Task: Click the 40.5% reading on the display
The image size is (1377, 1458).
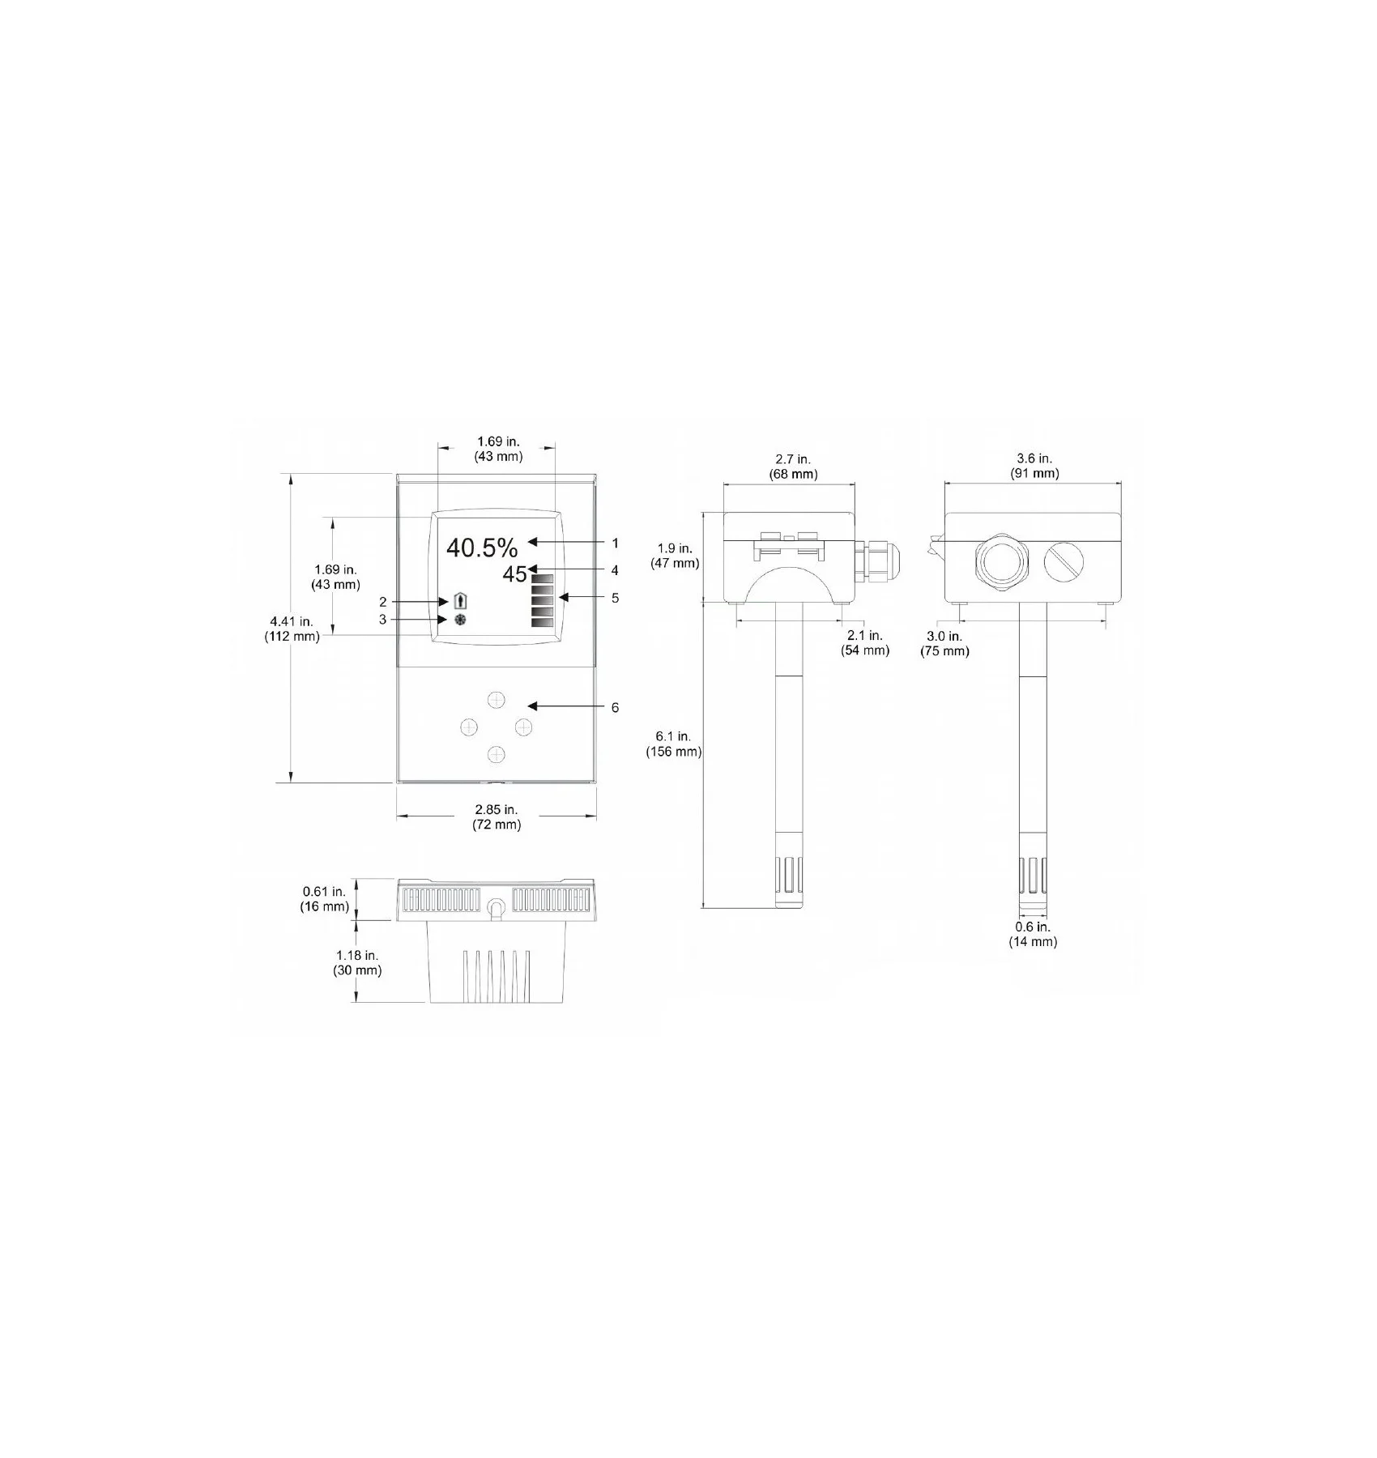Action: [481, 548]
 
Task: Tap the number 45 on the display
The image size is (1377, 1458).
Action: [514, 575]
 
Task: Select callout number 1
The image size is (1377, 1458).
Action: [615, 544]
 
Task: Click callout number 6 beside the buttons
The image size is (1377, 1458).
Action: [615, 708]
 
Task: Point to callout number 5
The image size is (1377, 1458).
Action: [615, 599]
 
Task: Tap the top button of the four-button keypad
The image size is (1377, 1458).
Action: [496, 700]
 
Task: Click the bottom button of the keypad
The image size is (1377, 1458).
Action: [496, 755]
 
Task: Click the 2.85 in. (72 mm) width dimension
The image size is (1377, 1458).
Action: [496, 817]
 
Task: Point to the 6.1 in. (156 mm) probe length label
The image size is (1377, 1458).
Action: [673, 744]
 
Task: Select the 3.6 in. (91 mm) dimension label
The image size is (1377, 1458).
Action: [1034, 467]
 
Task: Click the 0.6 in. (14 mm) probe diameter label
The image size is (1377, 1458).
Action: [1033, 934]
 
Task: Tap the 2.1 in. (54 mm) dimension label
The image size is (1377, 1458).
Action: [864, 643]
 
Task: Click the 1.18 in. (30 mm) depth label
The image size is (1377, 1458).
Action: [357, 963]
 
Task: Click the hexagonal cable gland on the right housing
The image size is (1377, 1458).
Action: [1002, 560]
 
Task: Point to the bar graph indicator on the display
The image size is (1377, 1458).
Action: [541, 601]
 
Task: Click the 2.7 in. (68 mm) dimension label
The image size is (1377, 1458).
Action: [792, 467]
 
